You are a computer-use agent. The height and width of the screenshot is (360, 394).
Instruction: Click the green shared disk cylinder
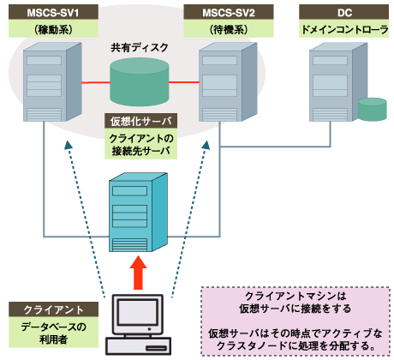[x=141, y=83]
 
